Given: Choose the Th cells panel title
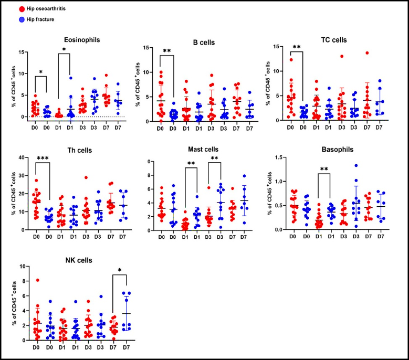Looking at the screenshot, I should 64,150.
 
